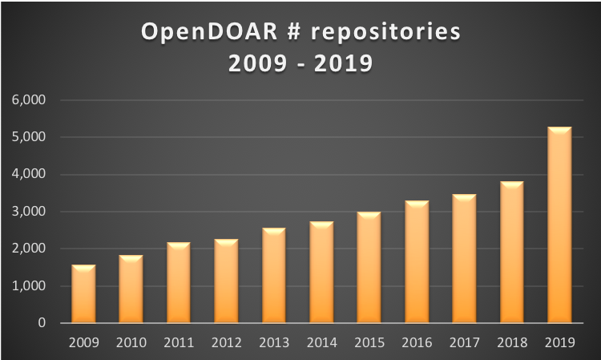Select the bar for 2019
tap(559, 225)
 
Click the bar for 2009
tap(83, 294)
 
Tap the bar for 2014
tap(321, 273)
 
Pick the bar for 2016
tap(416, 262)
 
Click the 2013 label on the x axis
tap(273, 343)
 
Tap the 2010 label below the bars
tap(131, 343)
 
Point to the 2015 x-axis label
tap(369, 343)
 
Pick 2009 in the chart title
tap(254, 63)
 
